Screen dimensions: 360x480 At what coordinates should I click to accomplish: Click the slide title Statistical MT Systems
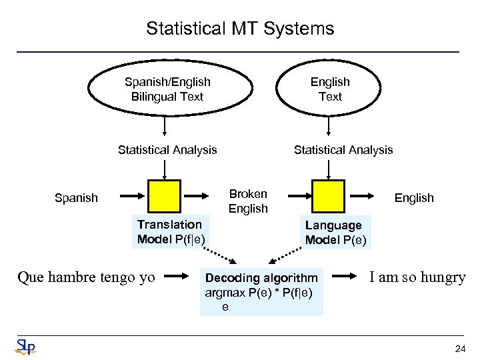240,29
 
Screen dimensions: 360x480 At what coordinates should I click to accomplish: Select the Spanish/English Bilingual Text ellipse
167,89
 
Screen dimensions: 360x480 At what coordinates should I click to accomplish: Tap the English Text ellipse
329,89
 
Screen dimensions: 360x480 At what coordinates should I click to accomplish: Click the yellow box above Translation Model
165,195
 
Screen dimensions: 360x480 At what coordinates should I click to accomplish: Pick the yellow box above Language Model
328,195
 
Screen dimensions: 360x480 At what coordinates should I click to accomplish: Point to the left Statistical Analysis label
167,150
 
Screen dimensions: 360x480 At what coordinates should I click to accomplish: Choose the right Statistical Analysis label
343,150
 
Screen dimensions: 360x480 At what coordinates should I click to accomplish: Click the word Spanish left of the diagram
76,198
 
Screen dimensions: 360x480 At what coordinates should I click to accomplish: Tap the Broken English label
248,201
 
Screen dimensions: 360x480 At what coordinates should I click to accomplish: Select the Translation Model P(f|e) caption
171,232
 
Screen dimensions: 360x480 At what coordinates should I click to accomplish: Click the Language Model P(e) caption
335,233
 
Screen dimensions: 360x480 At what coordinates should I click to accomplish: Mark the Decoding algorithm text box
261,292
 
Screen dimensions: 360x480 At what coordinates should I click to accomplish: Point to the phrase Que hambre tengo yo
87,277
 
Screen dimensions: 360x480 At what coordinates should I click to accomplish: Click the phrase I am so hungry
417,277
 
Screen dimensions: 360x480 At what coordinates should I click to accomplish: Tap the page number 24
459,349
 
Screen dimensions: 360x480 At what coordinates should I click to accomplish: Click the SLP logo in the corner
25,347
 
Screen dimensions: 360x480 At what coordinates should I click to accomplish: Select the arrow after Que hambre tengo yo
178,275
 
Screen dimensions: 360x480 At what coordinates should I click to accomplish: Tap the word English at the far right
414,198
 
